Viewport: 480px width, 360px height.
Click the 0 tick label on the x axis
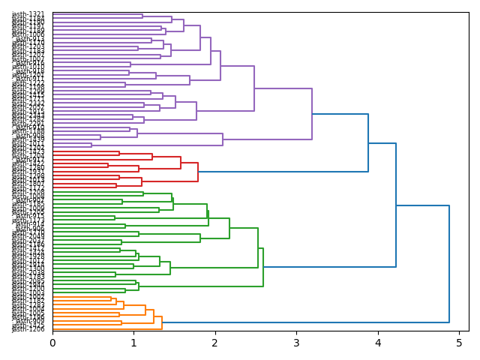(52, 343)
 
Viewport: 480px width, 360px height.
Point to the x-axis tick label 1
(133, 343)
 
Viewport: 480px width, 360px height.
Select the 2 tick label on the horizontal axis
(214, 343)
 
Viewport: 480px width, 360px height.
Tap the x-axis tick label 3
(296, 343)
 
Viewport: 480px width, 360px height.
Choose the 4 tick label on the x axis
(377, 343)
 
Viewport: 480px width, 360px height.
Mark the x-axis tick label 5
(458, 343)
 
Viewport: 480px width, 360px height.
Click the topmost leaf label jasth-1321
(28, 14)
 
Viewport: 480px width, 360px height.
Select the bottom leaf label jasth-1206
(28, 329)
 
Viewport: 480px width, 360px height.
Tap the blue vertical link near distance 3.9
(368, 142)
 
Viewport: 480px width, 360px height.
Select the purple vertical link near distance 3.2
(312, 114)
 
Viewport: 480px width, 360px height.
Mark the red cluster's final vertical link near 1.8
(198, 172)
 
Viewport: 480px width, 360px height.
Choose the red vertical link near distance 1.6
(181, 163)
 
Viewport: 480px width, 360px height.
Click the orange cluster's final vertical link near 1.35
(162, 322)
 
